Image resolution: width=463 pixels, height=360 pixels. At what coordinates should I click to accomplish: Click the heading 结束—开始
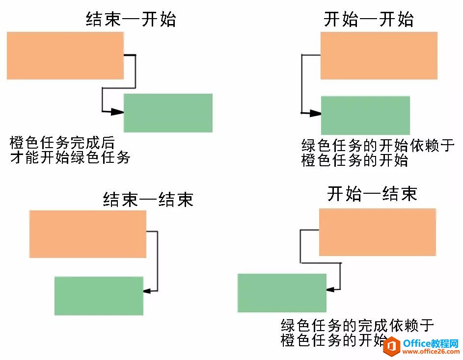[x=131, y=20]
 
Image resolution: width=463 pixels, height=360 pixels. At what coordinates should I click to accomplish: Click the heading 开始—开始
[x=369, y=20]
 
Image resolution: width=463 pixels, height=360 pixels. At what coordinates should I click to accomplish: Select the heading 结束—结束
[x=148, y=199]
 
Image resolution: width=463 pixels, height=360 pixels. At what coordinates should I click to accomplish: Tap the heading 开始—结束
[x=372, y=194]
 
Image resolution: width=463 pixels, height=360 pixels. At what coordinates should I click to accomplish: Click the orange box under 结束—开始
[x=65, y=56]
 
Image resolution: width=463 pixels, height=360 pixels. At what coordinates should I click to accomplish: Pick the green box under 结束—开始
[x=168, y=113]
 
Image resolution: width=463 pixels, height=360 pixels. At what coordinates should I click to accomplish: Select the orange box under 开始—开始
[x=379, y=55]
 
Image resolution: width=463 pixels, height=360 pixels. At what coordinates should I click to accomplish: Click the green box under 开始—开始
[x=365, y=115]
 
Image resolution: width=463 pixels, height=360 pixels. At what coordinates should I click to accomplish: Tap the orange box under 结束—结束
[x=88, y=234]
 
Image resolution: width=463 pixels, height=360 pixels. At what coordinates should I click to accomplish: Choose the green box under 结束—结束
[x=99, y=296]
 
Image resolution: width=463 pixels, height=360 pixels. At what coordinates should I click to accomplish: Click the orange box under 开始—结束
[x=377, y=232]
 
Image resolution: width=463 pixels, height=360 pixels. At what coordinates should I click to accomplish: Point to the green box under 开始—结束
[x=282, y=293]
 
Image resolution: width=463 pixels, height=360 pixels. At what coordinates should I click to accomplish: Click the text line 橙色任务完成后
[x=62, y=144]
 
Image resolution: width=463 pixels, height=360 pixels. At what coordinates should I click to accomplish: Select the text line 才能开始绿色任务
[x=70, y=158]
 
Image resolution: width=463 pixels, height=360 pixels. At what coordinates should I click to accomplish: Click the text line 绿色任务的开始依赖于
[x=375, y=146]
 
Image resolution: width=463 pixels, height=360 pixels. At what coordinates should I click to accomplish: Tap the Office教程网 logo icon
[x=391, y=346]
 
